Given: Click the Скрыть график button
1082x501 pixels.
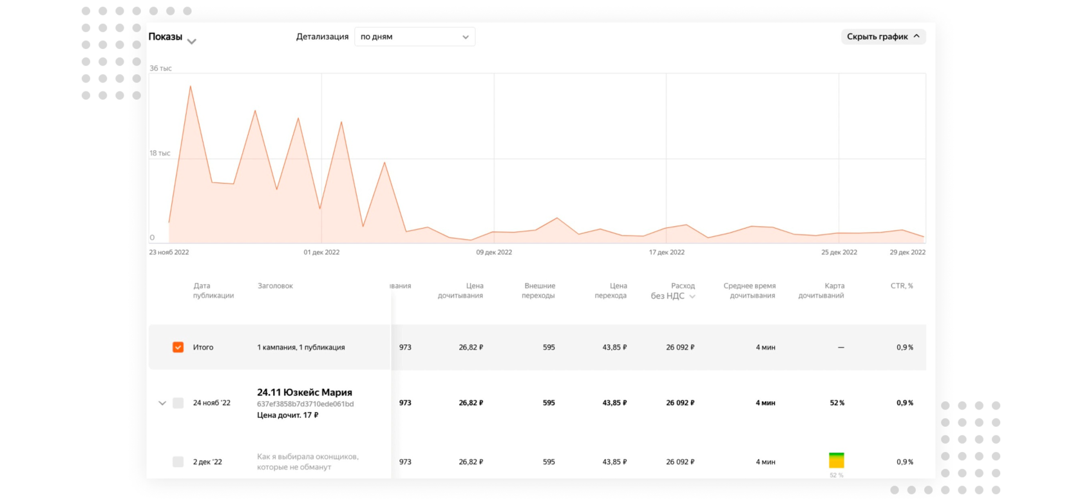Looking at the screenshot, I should [883, 37].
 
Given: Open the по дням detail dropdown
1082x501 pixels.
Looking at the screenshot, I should [414, 37].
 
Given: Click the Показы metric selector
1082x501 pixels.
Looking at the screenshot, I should [172, 37].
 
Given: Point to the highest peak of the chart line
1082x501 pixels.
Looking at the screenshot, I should [190, 86].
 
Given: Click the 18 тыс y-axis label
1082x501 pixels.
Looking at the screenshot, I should [160, 153].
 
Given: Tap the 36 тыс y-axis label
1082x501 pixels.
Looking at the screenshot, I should [160, 68].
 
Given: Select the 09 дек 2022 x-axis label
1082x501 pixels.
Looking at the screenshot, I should [494, 252].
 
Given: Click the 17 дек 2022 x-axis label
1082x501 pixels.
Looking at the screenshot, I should [667, 252].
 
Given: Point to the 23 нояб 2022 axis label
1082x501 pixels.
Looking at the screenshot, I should [169, 252].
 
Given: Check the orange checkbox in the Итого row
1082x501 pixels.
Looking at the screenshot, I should [178, 347].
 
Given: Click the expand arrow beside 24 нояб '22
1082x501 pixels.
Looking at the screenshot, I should [162, 403].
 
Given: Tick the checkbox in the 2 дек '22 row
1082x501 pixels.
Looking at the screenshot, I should [178, 462].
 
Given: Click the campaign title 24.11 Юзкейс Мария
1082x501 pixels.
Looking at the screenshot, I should [305, 392].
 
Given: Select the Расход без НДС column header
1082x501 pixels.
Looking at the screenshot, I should [673, 291].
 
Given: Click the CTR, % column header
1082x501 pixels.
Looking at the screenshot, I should [902, 286].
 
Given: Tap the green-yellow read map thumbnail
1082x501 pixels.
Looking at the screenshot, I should [837, 460].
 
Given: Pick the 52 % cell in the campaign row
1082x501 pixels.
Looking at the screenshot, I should [837, 403].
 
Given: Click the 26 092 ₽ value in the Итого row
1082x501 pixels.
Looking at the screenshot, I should [680, 347].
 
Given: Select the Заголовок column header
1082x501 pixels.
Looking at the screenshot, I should [275, 286].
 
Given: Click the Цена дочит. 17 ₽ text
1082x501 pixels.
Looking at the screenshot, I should [287, 415].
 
